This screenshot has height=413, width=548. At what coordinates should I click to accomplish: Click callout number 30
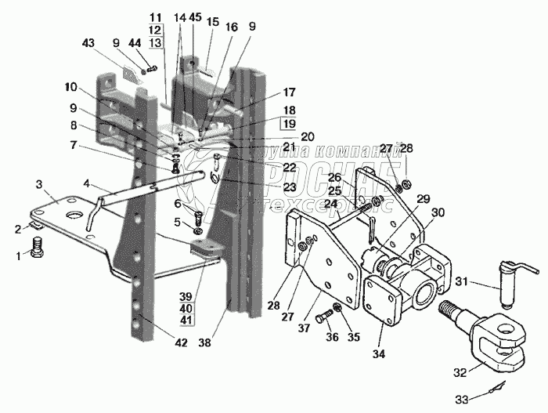(437, 212)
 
